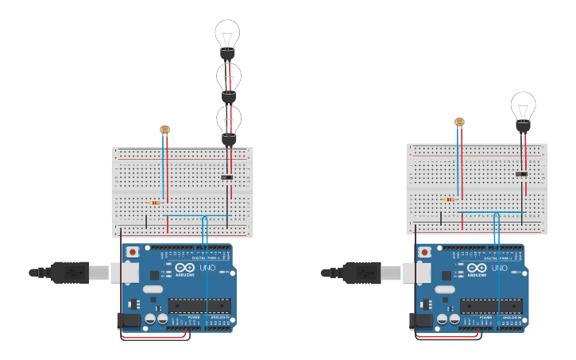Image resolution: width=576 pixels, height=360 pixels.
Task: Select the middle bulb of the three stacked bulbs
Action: pyautogui.click(x=228, y=78)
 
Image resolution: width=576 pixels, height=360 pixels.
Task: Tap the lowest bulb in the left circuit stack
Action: pyautogui.click(x=228, y=121)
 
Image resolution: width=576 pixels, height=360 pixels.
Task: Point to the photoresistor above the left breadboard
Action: pyautogui.click(x=164, y=130)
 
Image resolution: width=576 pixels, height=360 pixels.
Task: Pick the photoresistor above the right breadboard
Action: pyautogui.click(x=458, y=122)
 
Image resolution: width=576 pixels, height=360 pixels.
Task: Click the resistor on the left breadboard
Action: pyautogui.click(x=154, y=203)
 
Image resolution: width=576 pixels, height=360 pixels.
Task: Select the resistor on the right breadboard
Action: pyautogui.click(x=450, y=199)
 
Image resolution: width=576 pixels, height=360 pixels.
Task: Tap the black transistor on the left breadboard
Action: pyautogui.click(x=227, y=177)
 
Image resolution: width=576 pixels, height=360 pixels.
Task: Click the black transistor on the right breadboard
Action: pyautogui.click(x=521, y=174)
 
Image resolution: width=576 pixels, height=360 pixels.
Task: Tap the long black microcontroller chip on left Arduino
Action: pyautogui.click(x=199, y=305)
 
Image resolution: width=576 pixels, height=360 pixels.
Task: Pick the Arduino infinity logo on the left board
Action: pyautogui.click(x=185, y=268)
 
